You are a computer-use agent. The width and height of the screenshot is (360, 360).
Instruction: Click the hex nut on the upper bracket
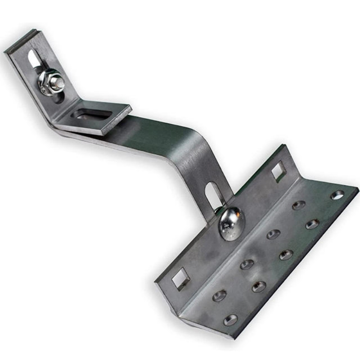click(51, 82)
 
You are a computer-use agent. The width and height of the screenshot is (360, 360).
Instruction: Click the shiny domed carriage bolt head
click(232, 223)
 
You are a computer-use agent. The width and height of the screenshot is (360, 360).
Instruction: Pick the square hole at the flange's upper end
click(278, 171)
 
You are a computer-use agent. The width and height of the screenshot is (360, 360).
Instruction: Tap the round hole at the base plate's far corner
click(337, 195)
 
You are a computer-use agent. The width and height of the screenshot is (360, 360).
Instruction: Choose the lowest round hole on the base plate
click(230, 320)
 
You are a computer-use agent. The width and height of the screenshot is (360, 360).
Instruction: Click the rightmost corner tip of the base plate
click(358, 189)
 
